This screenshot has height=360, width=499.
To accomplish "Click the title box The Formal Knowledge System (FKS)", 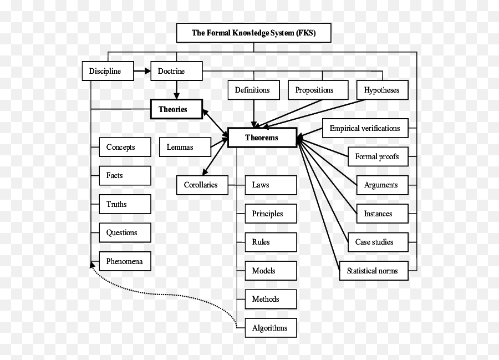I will [253, 33].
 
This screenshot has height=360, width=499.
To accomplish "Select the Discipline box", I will [108, 71].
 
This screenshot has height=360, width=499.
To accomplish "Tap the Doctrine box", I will [176, 71].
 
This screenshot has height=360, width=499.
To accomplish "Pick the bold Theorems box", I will [262, 138].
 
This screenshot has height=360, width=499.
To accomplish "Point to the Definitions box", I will [253, 90].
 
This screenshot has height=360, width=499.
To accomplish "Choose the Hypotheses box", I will [381, 90].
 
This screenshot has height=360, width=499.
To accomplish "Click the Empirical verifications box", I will [365, 128].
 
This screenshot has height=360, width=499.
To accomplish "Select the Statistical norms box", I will [373, 271].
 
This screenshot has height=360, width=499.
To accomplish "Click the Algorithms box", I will [270, 328].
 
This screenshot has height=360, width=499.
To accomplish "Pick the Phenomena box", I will [125, 261].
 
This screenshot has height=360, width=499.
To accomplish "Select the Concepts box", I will [125, 147].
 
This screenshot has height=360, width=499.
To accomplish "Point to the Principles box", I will [270, 214].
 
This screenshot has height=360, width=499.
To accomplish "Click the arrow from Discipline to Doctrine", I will [142, 71].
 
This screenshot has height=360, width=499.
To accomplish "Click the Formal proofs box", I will [377, 156].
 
